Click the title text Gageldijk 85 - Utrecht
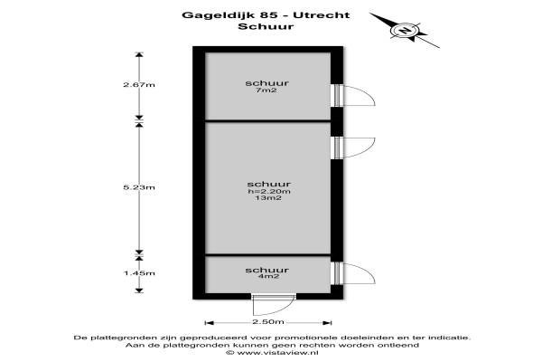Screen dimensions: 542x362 (x=266, y=15)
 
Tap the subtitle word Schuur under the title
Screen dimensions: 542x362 (x=266, y=26)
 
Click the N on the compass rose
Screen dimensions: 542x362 (x=404, y=31)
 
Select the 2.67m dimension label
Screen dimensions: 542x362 (x=139, y=84)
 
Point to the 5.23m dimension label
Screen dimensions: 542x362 (x=139, y=187)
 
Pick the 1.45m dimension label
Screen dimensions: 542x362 (x=139, y=273)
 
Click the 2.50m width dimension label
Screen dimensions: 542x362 (x=268, y=322)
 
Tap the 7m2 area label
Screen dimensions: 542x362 (x=266, y=90)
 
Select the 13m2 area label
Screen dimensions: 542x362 (x=268, y=198)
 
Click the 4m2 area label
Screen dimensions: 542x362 (x=268, y=276)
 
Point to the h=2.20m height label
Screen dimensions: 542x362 (x=269, y=192)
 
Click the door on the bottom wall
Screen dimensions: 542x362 (x=273, y=306)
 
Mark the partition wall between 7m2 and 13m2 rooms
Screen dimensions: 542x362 (x=268, y=120)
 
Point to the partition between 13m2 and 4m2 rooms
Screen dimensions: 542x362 (x=268, y=255)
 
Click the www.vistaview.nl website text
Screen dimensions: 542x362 (x=277, y=353)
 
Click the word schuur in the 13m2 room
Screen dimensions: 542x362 (x=269, y=184)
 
